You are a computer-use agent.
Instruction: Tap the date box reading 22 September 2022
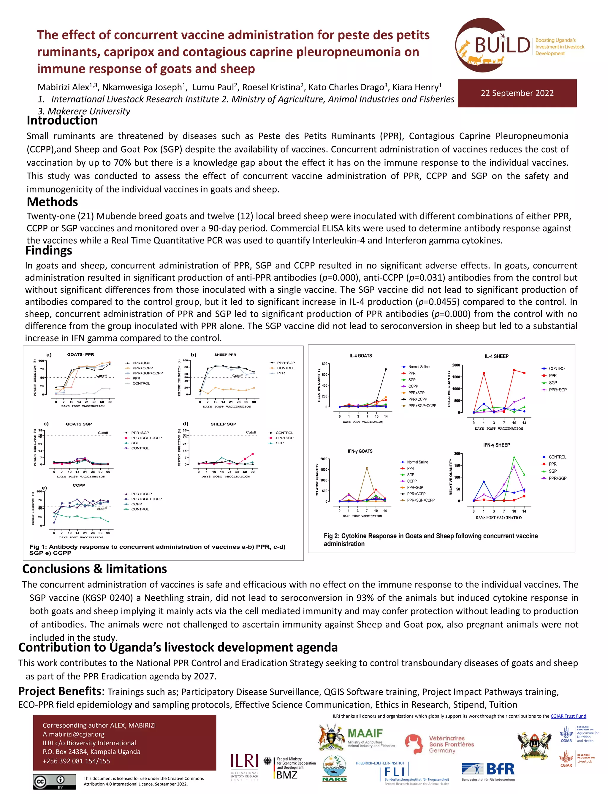pos(517,93)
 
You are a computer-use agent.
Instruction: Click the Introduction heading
pos(62,121)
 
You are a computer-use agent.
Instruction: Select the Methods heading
pos(53,202)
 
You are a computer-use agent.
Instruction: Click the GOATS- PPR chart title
pos(80,354)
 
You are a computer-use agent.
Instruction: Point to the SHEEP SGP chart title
pos(223,424)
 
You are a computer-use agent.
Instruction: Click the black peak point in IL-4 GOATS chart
pos(386,369)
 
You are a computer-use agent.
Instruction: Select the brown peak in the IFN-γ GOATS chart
pos(367,468)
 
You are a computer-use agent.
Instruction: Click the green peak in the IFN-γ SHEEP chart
pos(514,457)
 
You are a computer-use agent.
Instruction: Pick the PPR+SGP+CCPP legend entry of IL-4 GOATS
pos(422,406)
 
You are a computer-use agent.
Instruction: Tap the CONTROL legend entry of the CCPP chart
pos(140,509)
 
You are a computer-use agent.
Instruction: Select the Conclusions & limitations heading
pos(94,569)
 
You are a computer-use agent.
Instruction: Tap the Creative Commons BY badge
pos(55,781)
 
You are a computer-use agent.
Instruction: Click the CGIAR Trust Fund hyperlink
pos(568,716)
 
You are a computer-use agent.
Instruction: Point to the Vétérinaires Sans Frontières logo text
pos(451,744)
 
